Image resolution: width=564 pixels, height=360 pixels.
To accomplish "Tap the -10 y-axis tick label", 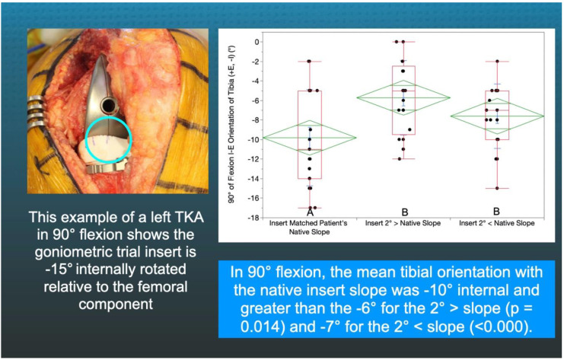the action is coord(253,139).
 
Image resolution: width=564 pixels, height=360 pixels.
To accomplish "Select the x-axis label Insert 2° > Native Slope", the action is coord(403,223).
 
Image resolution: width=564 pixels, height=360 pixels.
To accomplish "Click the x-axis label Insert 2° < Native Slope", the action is coord(497,223).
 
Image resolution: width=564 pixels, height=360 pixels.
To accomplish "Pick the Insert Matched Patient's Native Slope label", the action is coord(308,228).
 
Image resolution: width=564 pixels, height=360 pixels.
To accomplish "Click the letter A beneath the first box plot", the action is coord(310,212).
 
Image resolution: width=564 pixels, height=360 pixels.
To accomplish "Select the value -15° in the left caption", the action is coord(59,269).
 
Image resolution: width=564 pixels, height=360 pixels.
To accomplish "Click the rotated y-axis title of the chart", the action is coord(232,124).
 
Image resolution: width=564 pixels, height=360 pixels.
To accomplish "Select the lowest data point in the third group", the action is coord(497,188).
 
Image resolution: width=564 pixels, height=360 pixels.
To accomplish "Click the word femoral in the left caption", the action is coord(164,287).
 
